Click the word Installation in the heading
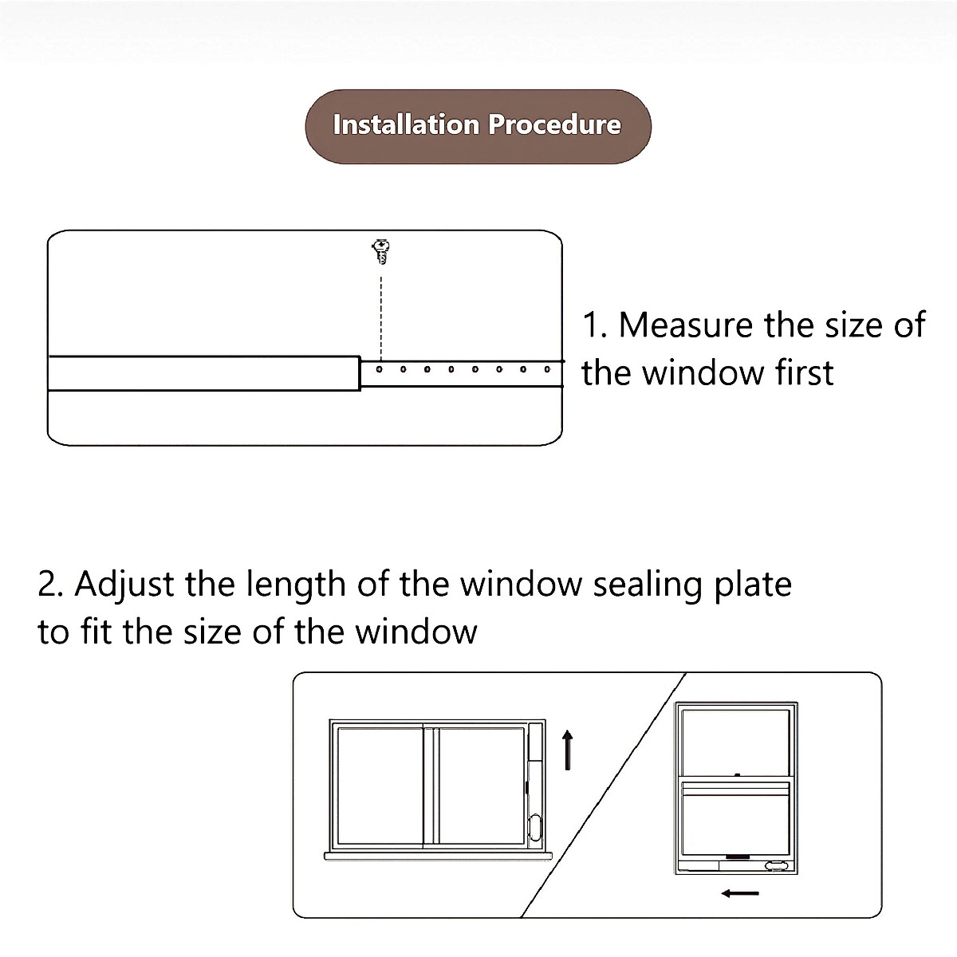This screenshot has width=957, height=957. pyautogui.click(x=405, y=125)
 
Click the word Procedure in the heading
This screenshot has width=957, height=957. pyautogui.click(x=554, y=125)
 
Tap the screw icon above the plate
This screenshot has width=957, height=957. pyautogui.click(x=381, y=251)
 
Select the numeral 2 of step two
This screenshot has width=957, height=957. pyautogui.click(x=49, y=585)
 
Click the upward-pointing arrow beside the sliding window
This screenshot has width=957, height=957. pyautogui.click(x=568, y=750)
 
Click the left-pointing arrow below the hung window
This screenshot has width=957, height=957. pyautogui.click(x=740, y=893)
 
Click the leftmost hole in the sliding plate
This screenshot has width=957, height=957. pyautogui.click(x=380, y=369)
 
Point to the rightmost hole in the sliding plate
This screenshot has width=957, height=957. pyautogui.click(x=547, y=369)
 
